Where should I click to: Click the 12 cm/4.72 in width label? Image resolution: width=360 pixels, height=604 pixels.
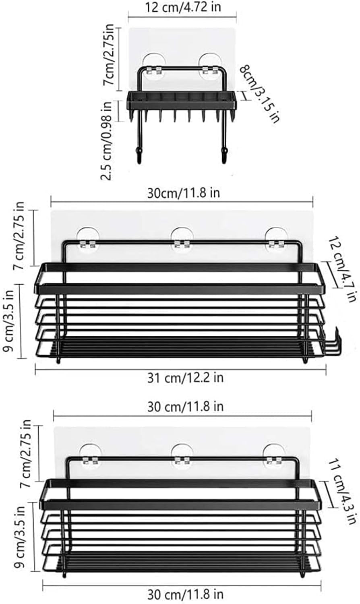183,7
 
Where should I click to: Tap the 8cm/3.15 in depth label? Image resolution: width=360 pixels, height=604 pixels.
259,94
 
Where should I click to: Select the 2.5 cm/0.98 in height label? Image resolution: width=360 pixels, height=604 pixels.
106,141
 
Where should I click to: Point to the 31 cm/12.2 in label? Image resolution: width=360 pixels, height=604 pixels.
185,378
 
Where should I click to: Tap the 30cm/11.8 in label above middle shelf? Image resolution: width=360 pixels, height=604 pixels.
183,193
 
